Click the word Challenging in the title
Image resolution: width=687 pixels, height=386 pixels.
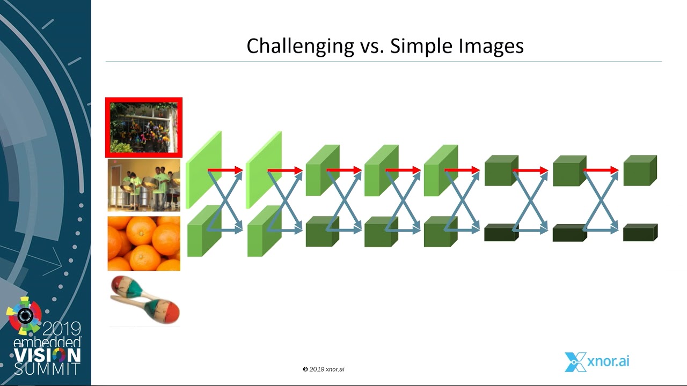tap(300, 47)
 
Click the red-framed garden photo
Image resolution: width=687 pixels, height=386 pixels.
tap(143, 128)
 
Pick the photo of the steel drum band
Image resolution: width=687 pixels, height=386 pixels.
tap(144, 185)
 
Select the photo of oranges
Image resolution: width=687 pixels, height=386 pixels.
tap(144, 243)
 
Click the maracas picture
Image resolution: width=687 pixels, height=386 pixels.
tap(145, 300)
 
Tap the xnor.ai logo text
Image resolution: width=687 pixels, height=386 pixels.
tap(609, 361)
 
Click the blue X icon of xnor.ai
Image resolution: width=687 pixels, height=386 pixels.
tap(575, 362)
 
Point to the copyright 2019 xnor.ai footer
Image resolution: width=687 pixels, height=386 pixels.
tap(324, 369)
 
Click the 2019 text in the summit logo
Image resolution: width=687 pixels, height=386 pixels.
tap(62, 329)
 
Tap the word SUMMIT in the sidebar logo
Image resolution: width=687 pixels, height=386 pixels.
tap(47, 369)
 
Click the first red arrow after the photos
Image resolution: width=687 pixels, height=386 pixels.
tap(225, 170)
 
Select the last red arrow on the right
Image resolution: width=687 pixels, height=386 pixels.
tap(601, 170)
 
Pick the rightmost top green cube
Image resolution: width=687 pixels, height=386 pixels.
tap(640, 170)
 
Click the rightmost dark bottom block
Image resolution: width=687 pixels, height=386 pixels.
tap(640, 233)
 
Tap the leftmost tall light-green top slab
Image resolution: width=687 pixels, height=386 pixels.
tap(203, 170)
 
